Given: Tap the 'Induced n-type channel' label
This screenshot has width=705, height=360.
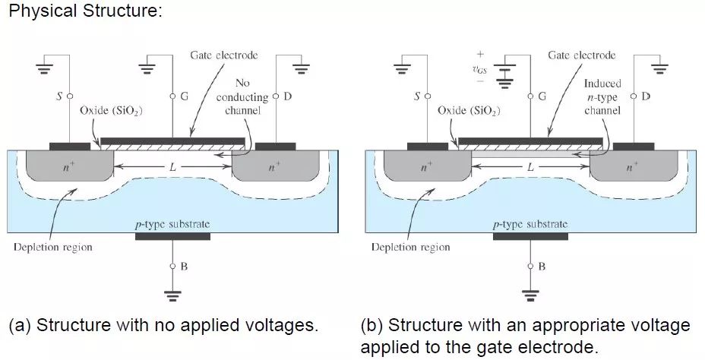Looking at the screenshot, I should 602,97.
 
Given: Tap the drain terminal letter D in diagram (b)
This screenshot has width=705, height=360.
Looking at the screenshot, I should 645,96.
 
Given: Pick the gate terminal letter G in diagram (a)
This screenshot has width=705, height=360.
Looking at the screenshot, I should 185,96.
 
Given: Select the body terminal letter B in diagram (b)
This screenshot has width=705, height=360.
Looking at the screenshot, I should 542,267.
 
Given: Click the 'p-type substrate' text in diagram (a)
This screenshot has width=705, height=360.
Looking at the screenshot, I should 172,224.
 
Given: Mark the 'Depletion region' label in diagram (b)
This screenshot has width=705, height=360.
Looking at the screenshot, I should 410,247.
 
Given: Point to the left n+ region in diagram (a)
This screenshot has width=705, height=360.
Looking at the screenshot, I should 69,167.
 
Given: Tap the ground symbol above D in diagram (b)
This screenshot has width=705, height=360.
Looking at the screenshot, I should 659,69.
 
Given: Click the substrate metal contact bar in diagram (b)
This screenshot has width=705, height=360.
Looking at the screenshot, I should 530,236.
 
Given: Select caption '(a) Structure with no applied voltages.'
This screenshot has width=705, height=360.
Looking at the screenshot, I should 162,327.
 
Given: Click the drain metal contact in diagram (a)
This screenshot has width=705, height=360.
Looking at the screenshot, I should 275,145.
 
